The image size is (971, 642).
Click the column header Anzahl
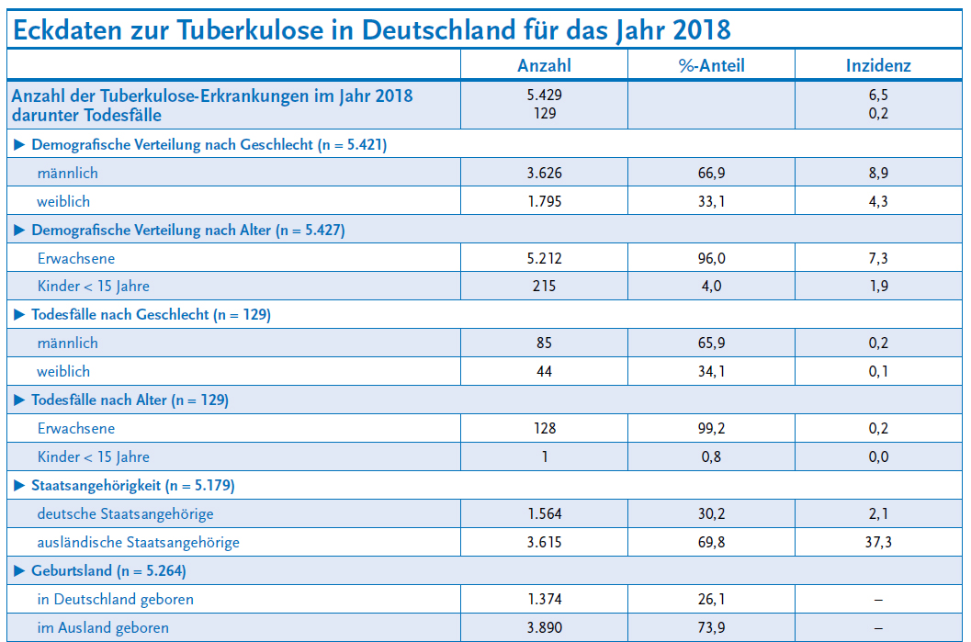[544, 64]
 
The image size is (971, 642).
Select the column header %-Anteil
[711, 64]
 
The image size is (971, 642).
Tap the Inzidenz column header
[878, 64]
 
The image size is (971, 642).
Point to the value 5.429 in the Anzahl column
[544, 96]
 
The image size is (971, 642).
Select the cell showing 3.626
[544, 173]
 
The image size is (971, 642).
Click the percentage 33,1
[711, 201]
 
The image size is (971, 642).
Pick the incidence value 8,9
[878, 173]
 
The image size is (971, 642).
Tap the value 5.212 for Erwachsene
[544, 258]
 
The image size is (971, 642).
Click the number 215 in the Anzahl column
[544, 287]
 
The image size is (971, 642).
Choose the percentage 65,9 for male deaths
[711, 343]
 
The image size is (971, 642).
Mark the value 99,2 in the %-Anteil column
[711, 428]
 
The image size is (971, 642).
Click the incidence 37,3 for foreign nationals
[878, 542]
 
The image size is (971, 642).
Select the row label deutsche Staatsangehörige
[125, 513]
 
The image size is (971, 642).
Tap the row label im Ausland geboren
[103, 627]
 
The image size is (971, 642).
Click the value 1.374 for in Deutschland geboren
[544, 599]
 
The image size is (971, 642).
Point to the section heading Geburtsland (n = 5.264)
[108, 570]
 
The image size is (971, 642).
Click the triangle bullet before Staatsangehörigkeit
[19, 485]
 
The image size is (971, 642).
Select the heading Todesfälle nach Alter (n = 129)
[130, 400]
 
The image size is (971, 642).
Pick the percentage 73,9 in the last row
[711, 627]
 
